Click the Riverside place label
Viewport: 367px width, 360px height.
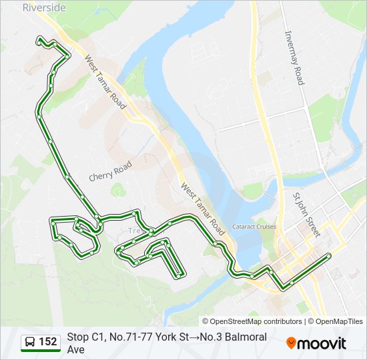point(44,8)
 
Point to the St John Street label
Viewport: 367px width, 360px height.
point(306,215)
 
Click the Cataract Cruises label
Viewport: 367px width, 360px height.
point(254,227)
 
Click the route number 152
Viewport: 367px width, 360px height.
point(47,342)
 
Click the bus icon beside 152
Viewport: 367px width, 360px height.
point(30,342)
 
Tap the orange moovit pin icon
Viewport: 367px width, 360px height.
point(291,343)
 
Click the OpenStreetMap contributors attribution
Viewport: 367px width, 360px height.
point(252,321)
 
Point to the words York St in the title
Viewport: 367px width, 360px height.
point(171,337)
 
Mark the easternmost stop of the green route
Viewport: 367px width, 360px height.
point(329,256)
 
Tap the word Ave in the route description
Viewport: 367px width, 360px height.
point(76,349)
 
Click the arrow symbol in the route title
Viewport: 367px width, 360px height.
point(198,337)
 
